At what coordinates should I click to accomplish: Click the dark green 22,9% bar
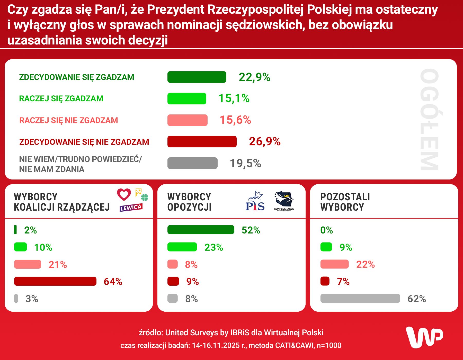(x=197, y=77)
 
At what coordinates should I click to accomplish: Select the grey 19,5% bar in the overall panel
(x=192, y=163)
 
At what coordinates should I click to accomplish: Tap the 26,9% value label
(x=265, y=141)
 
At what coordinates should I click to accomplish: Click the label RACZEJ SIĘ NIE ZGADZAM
(x=69, y=120)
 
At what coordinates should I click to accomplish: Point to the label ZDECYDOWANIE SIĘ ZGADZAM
(x=77, y=77)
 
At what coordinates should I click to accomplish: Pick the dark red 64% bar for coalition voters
(x=55, y=281)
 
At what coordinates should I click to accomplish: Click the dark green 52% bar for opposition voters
(x=201, y=230)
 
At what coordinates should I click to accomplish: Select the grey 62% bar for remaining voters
(x=360, y=299)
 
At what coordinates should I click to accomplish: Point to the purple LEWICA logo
(x=131, y=208)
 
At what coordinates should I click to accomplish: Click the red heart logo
(x=124, y=194)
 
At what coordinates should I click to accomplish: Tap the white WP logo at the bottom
(x=424, y=337)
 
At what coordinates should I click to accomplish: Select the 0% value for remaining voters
(x=326, y=230)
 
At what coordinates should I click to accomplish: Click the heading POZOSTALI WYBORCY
(x=345, y=202)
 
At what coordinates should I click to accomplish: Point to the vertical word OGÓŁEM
(x=429, y=119)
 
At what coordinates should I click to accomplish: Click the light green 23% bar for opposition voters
(x=182, y=247)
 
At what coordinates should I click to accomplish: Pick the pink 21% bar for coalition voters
(x=28, y=264)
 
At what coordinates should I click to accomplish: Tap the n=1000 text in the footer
(x=329, y=345)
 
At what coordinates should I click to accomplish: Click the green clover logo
(x=145, y=197)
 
